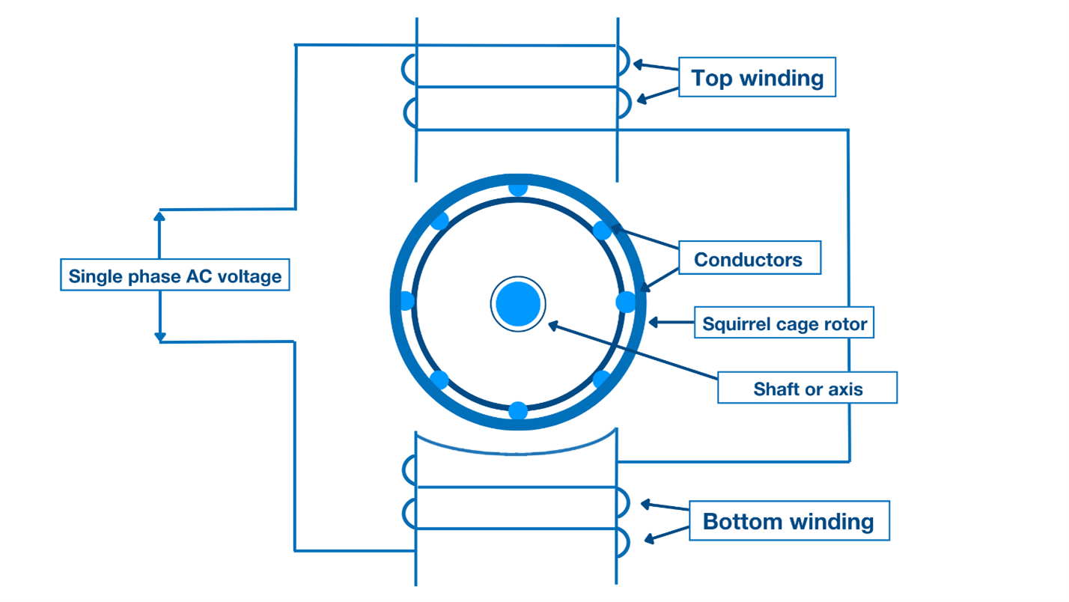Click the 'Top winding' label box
757,77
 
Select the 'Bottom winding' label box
788,520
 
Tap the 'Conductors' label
749,259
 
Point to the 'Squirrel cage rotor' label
784,324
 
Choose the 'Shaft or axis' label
807,389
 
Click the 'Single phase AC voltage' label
175,276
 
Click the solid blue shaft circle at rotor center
518,304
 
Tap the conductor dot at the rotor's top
518,187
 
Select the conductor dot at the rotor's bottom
518,411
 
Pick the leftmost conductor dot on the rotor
406,301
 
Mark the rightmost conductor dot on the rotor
626,302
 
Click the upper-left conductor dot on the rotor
439,221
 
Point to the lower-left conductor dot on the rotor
439,380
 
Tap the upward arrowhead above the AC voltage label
159,216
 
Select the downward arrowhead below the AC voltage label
159,337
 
